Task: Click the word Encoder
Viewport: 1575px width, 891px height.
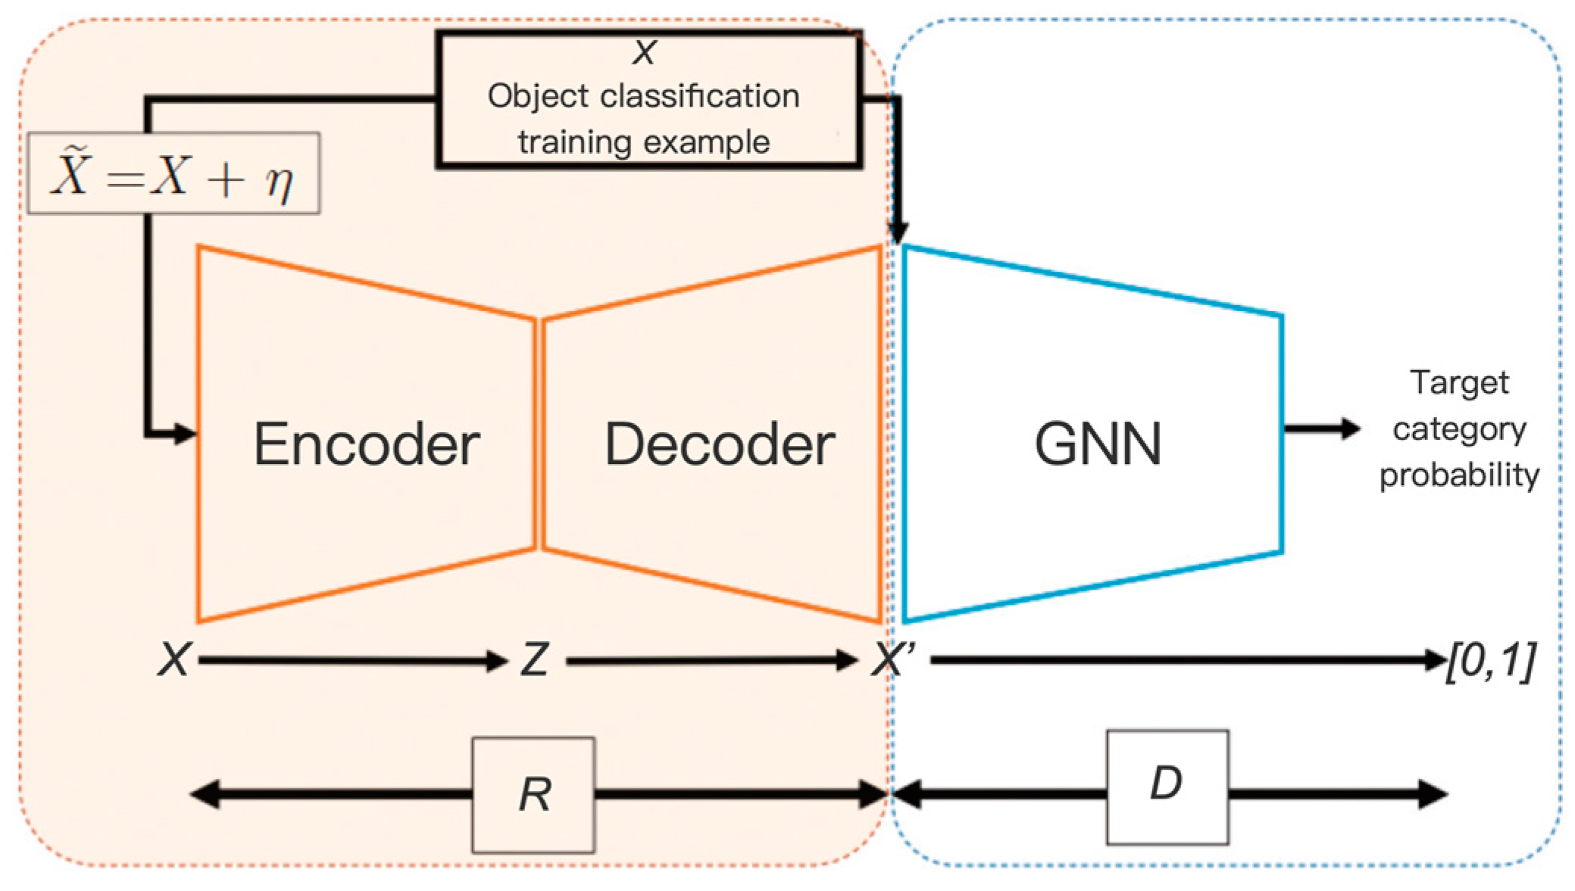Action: (x=366, y=444)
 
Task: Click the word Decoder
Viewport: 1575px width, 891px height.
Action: (x=719, y=444)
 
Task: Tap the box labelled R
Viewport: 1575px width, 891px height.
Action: (x=533, y=795)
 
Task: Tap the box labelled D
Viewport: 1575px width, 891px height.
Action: (x=1167, y=787)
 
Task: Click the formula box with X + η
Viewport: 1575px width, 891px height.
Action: (x=173, y=174)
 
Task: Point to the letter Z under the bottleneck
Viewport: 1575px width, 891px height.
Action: (x=535, y=660)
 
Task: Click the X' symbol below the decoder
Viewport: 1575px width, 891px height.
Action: (x=894, y=660)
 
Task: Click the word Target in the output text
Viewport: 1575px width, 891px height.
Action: (x=1459, y=383)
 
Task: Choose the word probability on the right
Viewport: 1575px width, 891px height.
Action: (x=1459, y=475)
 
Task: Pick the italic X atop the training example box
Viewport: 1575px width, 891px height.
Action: (x=644, y=52)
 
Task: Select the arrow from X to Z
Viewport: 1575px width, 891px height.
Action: (x=352, y=661)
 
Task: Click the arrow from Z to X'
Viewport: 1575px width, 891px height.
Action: (x=712, y=661)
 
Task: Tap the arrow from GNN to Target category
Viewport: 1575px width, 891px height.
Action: (x=1321, y=428)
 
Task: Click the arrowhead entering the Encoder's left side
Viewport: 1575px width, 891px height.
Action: (x=185, y=434)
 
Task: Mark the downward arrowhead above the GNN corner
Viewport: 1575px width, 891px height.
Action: (x=898, y=230)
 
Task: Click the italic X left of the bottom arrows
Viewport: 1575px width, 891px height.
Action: (x=174, y=660)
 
